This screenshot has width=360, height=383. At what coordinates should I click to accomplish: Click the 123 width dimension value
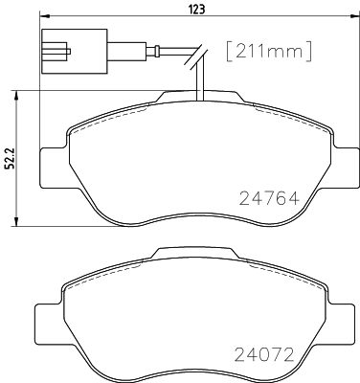[x=197, y=9]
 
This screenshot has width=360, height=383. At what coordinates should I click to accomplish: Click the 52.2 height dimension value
[x=11, y=158]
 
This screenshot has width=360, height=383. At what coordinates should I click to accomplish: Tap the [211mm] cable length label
[x=268, y=51]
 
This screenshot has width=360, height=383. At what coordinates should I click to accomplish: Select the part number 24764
[x=270, y=198]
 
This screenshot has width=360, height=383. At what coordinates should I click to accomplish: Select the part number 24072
[x=264, y=354]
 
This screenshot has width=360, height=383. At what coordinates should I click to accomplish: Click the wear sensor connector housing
[x=75, y=52]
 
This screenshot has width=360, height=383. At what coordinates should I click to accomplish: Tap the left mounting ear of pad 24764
[x=54, y=168]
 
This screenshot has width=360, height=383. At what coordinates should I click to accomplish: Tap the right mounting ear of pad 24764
[x=346, y=168]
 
